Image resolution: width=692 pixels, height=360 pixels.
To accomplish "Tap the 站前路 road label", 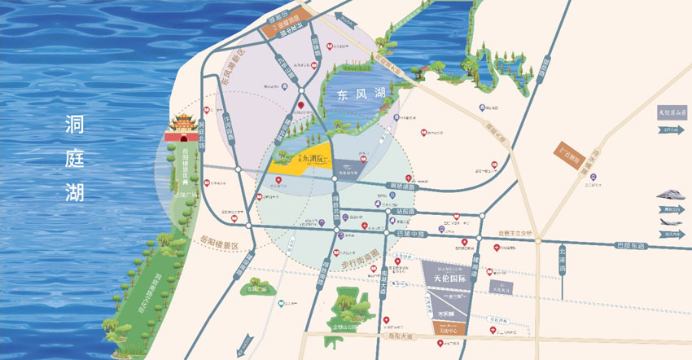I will (405, 211).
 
